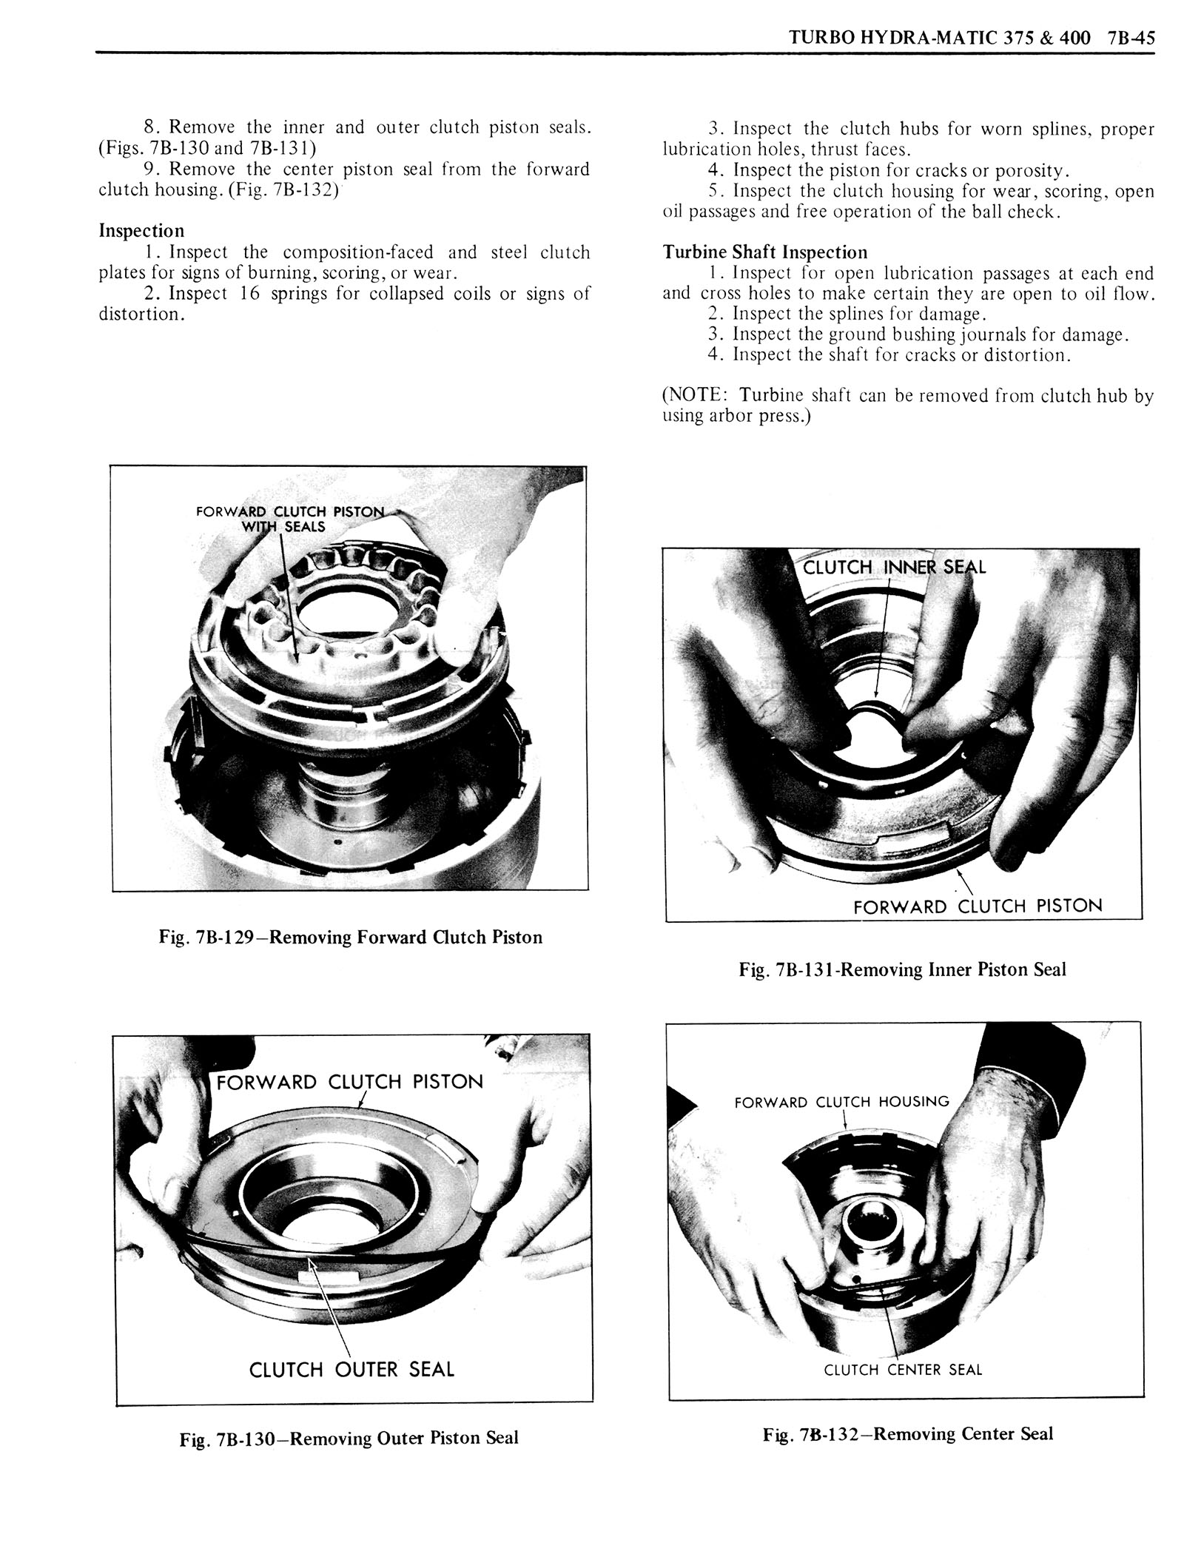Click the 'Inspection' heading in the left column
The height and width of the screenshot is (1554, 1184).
(x=141, y=230)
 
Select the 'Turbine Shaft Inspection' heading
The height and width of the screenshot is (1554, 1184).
(x=764, y=252)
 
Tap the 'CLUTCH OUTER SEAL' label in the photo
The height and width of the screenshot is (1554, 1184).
(x=351, y=1369)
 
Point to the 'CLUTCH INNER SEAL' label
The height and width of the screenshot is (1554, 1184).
(x=894, y=568)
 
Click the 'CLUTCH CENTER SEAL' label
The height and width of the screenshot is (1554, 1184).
(x=903, y=1370)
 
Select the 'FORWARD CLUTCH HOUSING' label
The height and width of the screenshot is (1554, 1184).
(x=841, y=1102)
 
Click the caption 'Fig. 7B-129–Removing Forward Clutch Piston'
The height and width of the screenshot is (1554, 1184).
(x=350, y=937)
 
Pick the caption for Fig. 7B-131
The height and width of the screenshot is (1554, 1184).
(x=902, y=969)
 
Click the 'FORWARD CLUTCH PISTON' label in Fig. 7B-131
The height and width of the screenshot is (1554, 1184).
(x=977, y=906)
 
